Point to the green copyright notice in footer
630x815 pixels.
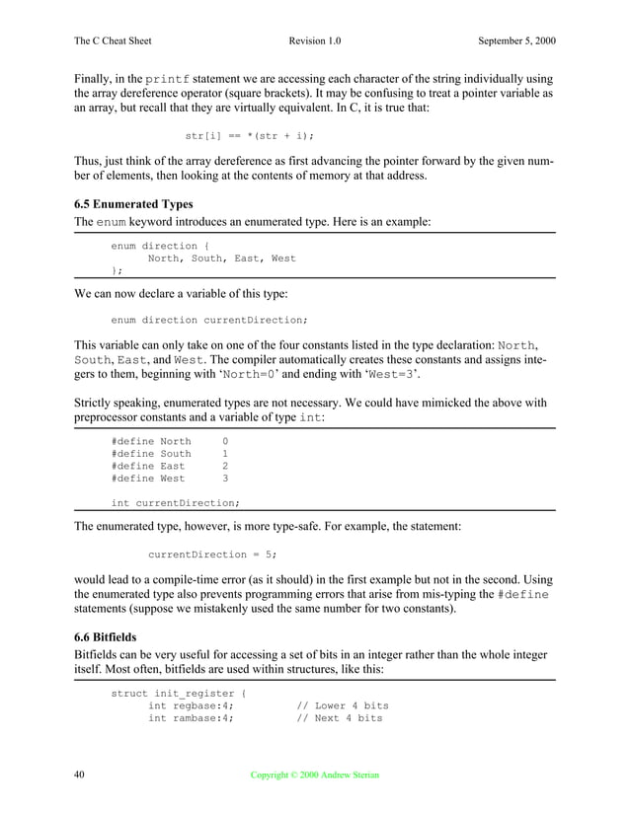(315, 777)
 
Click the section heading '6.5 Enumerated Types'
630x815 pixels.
(133, 204)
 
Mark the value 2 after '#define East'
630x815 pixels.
(225, 466)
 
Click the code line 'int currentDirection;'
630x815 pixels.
(175, 503)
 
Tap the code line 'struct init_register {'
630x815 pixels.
(178, 694)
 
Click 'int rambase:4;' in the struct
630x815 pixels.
(191, 719)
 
